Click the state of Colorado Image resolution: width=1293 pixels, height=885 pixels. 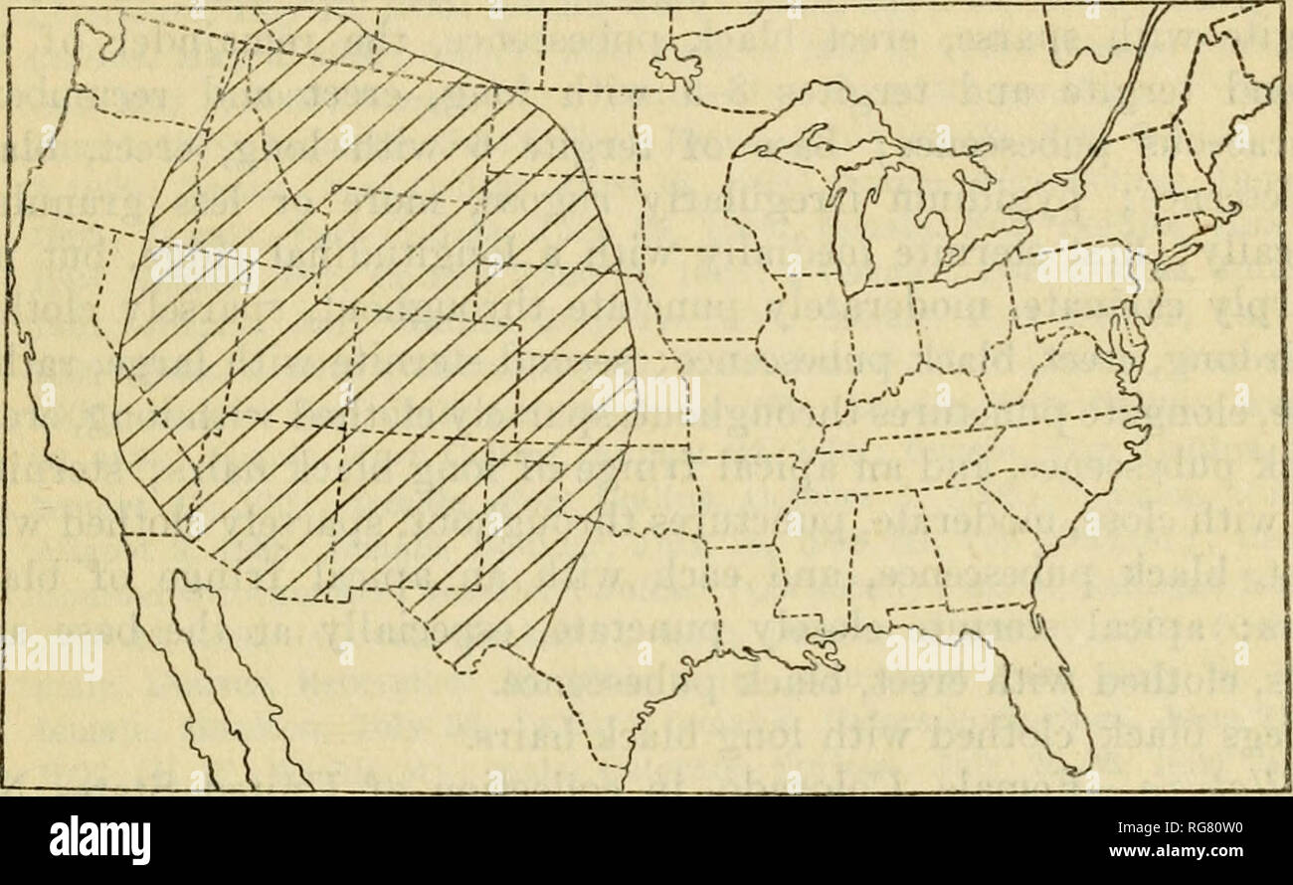(438, 378)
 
